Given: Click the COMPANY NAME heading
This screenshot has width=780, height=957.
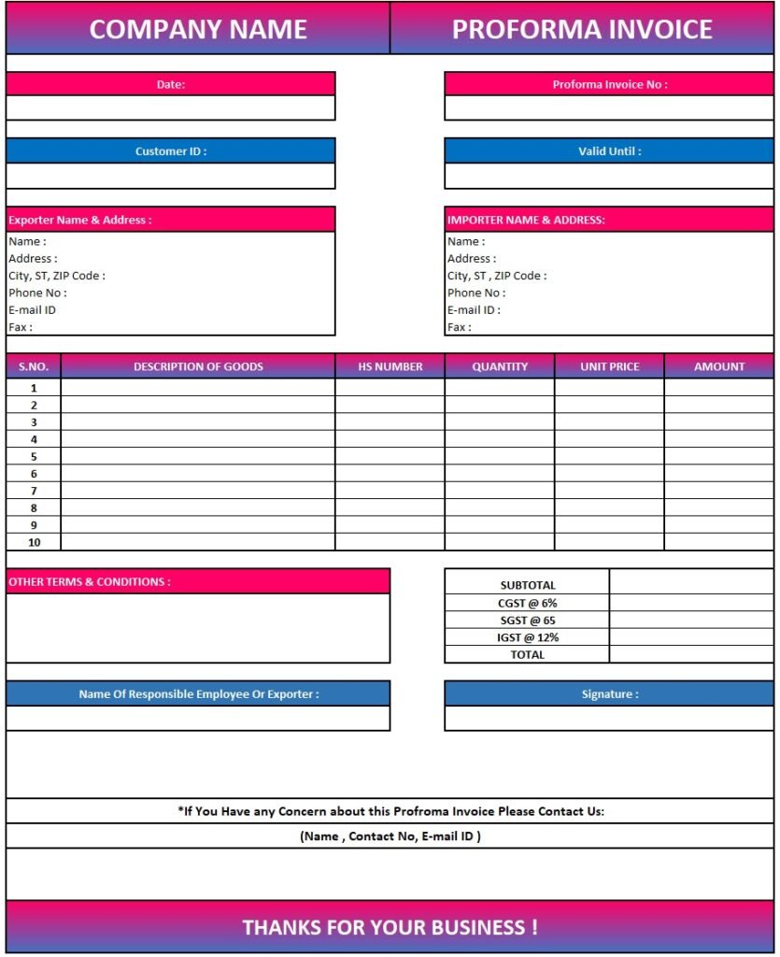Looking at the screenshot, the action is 198,29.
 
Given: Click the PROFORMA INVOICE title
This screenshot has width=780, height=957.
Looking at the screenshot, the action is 582,29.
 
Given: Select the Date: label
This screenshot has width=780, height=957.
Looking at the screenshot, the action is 171,84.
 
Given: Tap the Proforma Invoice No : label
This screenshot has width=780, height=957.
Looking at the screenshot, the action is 609,84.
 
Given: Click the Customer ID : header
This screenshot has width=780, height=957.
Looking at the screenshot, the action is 171,151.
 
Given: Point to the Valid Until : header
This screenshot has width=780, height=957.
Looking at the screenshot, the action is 609,151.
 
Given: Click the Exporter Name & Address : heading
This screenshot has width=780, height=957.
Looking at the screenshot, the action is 80,221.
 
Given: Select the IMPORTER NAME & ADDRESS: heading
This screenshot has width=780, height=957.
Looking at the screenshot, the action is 526,221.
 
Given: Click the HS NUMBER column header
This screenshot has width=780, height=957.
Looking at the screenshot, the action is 390,366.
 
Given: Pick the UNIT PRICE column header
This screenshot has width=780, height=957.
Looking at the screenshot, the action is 609,366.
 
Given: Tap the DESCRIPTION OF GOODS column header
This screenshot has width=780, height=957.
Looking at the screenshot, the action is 198,366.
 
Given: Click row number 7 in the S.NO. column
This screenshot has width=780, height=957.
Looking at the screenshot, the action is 34,491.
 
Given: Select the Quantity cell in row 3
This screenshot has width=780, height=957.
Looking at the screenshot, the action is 500,422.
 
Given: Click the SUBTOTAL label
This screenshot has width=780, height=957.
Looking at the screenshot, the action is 528,585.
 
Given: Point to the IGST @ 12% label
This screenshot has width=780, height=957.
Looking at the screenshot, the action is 528,637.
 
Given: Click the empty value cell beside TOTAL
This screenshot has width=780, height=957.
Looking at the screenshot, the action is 691,655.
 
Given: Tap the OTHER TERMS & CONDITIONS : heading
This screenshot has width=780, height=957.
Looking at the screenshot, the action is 90,582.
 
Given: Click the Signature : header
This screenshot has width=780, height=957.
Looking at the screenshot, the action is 609,694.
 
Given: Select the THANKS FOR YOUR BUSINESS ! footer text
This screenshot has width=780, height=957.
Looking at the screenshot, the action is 390,927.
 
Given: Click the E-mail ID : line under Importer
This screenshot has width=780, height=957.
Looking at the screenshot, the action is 474,310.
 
